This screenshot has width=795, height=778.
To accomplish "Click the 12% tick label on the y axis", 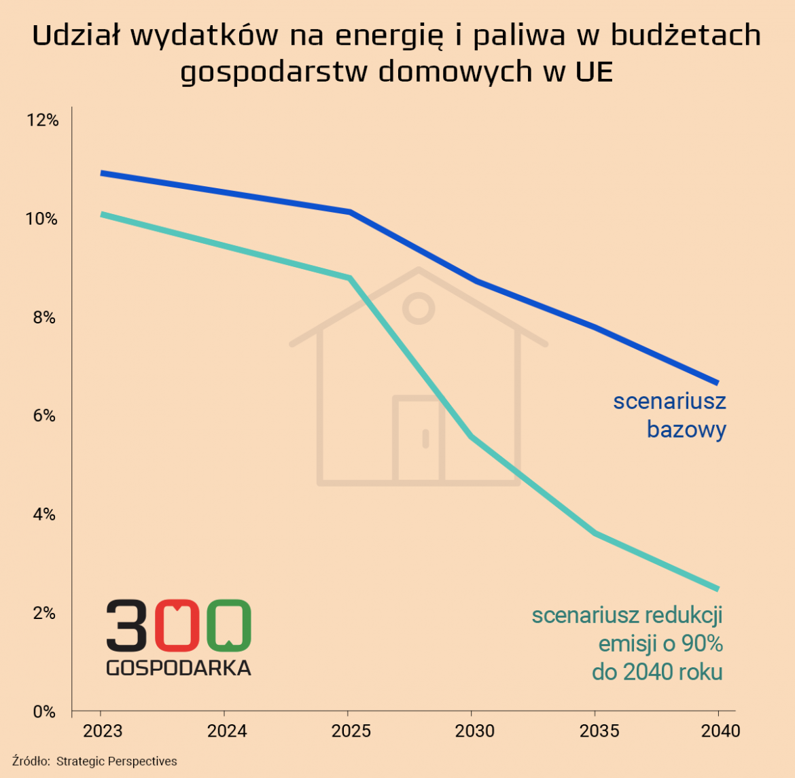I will [42, 120].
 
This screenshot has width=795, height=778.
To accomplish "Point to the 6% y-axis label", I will [44, 416].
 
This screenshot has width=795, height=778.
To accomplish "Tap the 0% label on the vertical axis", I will [44, 711].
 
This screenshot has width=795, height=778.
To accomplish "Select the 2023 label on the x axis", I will [102, 731].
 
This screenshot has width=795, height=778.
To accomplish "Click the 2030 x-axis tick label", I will [474, 731].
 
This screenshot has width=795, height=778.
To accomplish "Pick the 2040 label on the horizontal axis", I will [720, 731].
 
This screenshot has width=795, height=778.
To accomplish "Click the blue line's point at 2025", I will [349, 212].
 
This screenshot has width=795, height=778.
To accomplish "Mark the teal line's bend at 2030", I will [472, 437].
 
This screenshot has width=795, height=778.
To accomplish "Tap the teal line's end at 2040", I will [717, 588].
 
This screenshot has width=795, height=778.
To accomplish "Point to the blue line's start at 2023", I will [102, 173].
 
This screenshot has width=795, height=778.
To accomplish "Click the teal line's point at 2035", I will [595, 533].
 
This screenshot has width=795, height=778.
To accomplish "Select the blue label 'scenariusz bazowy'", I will [669, 415].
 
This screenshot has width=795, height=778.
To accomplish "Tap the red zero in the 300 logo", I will [177, 624].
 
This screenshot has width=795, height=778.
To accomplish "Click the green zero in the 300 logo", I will [229, 624].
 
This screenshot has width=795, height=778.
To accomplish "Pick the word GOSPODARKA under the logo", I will [178, 668].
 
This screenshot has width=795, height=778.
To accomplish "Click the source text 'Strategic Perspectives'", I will [116, 761].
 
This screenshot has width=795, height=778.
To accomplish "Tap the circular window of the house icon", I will [418, 308].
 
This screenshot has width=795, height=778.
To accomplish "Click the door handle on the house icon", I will [425, 438].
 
